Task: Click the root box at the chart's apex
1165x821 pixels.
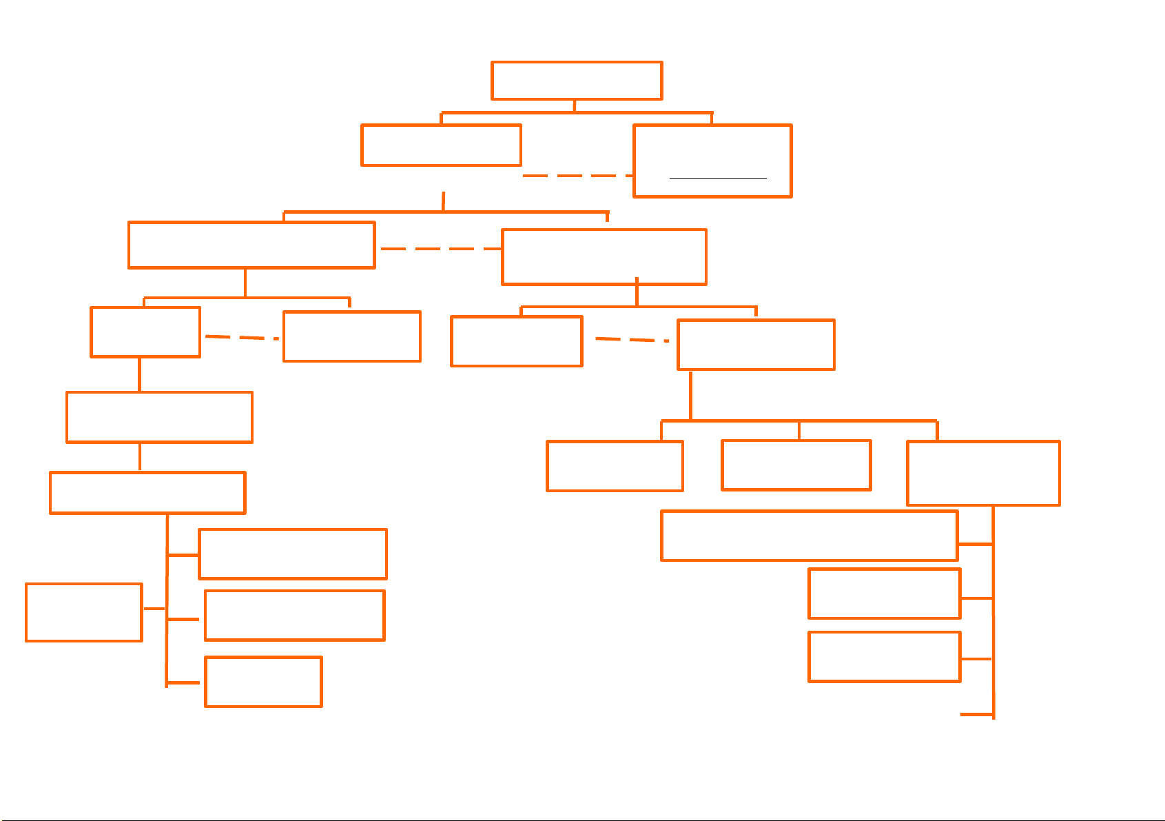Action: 577,81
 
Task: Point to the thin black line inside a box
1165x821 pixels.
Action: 718,178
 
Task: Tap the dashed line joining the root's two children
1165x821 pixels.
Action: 577,176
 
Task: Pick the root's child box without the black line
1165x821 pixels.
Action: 441,145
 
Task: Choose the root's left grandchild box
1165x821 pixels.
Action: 251,245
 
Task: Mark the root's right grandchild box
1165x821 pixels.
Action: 604,256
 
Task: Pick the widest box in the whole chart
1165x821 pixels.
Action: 809,536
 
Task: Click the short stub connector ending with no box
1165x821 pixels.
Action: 976,715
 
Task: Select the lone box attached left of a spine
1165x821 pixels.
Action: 84,612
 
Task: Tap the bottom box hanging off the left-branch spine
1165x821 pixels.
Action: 263,682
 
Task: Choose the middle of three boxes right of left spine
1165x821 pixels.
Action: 294,616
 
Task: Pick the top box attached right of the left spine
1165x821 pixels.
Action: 293,554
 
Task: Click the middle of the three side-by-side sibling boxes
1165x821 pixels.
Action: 796,465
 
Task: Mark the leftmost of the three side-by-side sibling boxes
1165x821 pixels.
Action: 615,466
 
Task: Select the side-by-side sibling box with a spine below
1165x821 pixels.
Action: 983,473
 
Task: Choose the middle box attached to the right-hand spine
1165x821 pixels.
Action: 884,594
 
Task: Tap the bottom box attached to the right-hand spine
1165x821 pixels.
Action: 884,657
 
